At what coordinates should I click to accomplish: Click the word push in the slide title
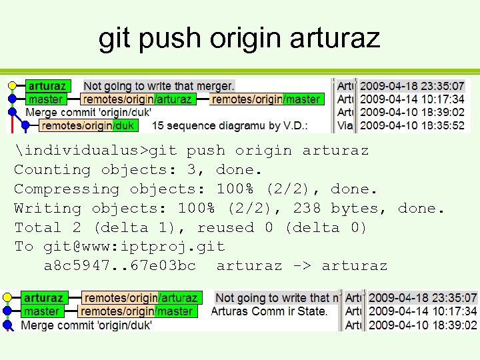pyautogui.click(x=169, y=38)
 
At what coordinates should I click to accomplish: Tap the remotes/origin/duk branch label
pyautogui.click(x=87, y=125)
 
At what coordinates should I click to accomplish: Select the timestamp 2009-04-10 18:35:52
pyautogui.click(x=412, y=125)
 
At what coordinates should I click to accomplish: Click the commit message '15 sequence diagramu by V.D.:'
pyautogui.click(x=219, y=125)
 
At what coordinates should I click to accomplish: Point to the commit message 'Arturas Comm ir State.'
pyautogui.click(x=269, y=311)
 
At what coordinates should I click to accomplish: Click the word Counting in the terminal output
pyautogui.click(x=52, y=170)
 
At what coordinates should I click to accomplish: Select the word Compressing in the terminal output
pyautogui.click(x=67, y=189)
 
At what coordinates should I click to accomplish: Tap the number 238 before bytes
pyautogui.click(x=307, y=209)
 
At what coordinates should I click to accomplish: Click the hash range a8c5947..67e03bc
pyautogui.click(x=120, y=266)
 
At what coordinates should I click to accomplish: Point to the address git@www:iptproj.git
pyautogui.click(x=134, y=247)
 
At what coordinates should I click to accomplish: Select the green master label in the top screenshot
pyautogui.click(x=45, y=99)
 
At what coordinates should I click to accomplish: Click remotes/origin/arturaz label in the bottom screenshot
pyautogui.click(x=141, y=298)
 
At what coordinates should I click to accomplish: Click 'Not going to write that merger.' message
pyautogui.click(x=159, y=86)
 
